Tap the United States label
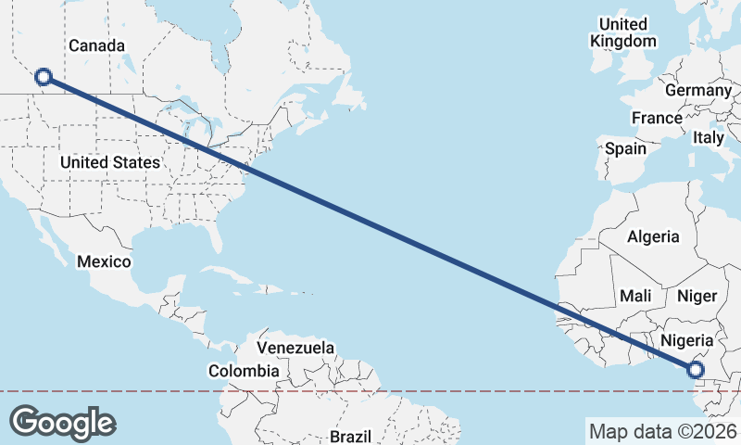tap(109, 162)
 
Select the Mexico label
tap(103, 261)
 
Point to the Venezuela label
tap(295, 348)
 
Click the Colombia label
tap(243, 371)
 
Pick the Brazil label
tap(350, 436)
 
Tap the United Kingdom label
tap(623, 32)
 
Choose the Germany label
tap(697, 91)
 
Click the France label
tap(657, 119)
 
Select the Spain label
tap(625, 148)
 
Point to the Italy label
tap(709, 137)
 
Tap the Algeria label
tap(653, 237)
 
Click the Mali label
tap(635, 296)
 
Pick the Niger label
tap(697, 296)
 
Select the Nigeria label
tap(686, 339)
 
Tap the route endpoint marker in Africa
tap(696, 371)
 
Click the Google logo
tap(62, 422)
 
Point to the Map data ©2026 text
tap(662, 431)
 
